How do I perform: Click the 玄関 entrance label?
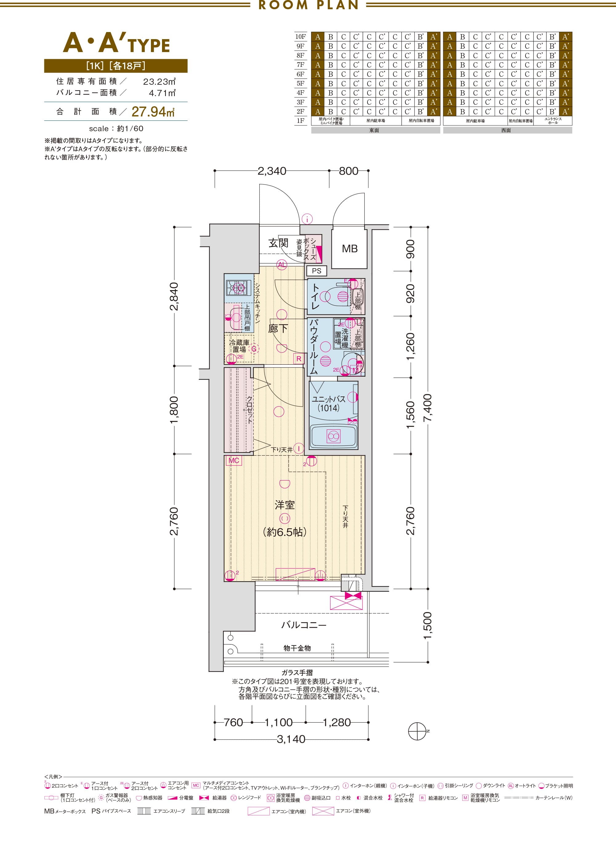[x=278, y=243]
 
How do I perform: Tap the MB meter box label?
[x=350, y=249]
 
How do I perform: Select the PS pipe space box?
[x=317, y=271]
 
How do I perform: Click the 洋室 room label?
[x=284, y=505]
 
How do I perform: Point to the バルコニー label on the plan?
[x=304, y=625]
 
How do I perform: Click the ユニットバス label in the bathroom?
[x=329, y=399]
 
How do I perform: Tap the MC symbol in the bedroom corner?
[x=234, y=460]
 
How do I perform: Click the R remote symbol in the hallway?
[x=299, y=359]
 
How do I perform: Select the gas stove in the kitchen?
[x=236, y=288]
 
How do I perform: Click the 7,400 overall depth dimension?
[x=428, y=408]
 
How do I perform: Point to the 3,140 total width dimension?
[x=291, y=739]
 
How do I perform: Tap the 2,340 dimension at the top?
[x=272, y=171]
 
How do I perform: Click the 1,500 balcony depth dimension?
[x=428, y=626]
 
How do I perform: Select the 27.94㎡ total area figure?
[x=153, y=112]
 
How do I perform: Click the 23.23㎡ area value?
[x=159, y=82]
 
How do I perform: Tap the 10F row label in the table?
[x=301, y=37]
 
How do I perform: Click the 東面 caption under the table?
[x=374, y=130]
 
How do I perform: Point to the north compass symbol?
[x=417, y=731]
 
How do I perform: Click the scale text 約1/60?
[x=130, y=128]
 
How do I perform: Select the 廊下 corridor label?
[x=278, y=329]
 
